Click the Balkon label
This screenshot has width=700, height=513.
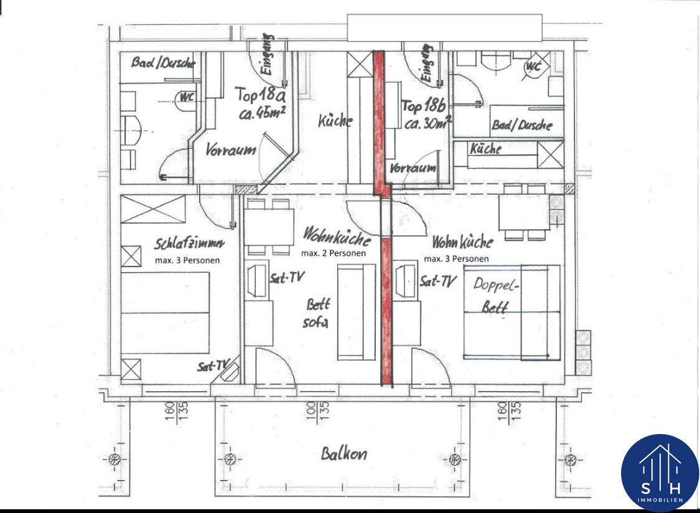click(x=343, y=454)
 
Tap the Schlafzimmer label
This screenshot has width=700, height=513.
click(x=189, y=244)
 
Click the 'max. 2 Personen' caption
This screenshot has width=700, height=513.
click(x=334, y=253)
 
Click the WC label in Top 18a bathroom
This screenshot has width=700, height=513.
click(x=185, y=96)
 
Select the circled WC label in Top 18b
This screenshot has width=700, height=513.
click(x=534, y=67)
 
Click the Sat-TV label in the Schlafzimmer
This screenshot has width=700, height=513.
click(x=213, y=367)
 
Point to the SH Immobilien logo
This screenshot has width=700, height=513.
click(x=660, y=473)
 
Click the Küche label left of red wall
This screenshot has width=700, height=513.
click(x=335, y=121)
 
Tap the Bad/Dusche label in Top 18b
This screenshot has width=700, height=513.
click(x=522, y=125)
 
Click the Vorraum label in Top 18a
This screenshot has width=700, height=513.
click(x=231, y=149)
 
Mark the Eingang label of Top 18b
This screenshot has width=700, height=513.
click(x=427, y=64)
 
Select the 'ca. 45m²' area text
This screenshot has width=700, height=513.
click(x=263, y=114)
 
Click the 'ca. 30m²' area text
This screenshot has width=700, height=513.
click(x=427, y=123)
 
